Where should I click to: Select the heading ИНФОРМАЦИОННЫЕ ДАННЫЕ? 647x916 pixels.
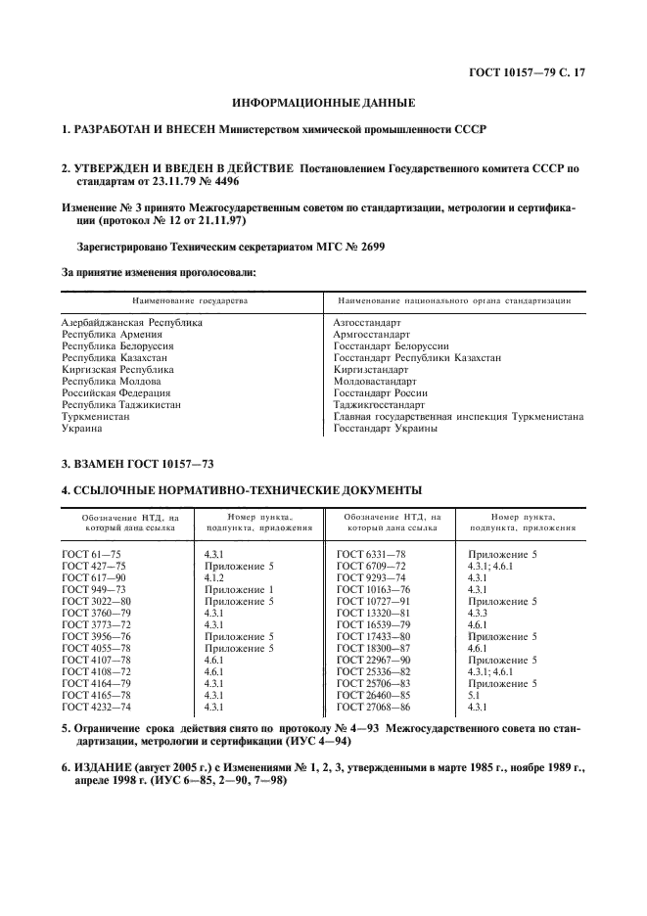323,102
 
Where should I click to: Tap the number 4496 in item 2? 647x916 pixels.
219,182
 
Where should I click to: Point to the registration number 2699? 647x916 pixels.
368,248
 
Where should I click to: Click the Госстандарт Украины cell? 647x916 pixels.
385,428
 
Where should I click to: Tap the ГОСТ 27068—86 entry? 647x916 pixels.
375,707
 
